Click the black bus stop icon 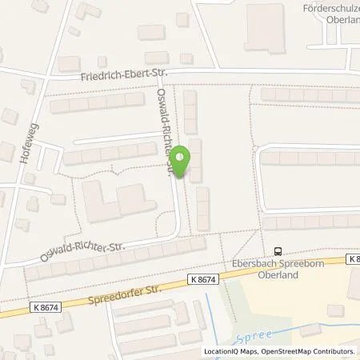[278, 250]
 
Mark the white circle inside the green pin [182, 157]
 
